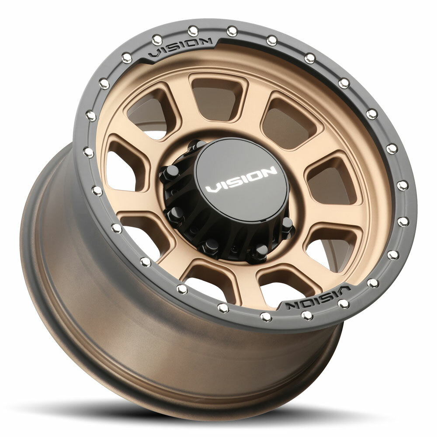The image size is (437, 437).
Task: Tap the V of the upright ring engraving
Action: (x=156, y=54)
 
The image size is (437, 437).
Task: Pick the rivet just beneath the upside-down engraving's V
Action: (x=343, y=304)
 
